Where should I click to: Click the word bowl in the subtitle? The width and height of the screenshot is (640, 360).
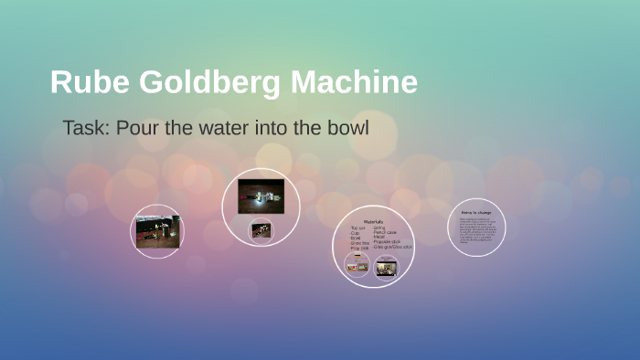[x=347, y=128]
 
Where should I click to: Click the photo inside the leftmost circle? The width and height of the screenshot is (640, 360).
[x=157, y=231]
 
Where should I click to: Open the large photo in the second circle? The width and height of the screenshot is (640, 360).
[x=261, y=196]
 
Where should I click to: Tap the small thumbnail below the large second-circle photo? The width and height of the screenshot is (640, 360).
[x=261, y=230]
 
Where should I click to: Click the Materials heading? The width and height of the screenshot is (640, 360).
[x=373, y=222]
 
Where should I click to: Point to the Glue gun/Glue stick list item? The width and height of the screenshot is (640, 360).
[x=393, y=247]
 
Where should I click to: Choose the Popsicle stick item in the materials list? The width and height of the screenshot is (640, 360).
[x=388, y=242]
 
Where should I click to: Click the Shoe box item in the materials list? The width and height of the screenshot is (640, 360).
[x=359, y=242]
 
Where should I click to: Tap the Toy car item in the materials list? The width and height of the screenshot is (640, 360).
[x=357, y=228]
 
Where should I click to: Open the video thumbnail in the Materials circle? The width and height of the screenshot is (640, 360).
[x=387, y=267]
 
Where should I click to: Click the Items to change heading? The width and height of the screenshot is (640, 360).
[x=475, y=212]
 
